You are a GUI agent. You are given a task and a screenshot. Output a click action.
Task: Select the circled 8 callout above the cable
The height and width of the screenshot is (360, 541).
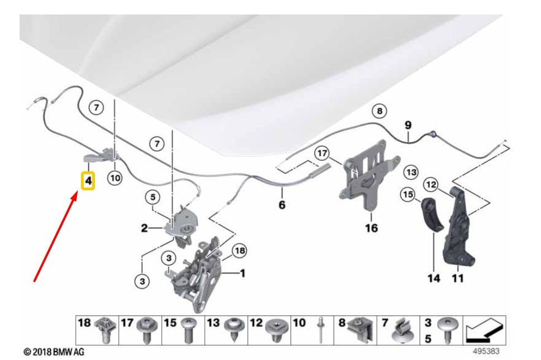click(380, 112)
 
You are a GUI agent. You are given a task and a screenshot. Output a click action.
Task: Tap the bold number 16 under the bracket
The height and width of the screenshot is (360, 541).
click(371, 228)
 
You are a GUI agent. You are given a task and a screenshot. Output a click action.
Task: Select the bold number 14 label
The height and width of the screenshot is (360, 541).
click(434, 277)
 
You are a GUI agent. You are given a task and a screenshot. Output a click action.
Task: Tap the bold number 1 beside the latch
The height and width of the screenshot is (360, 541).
click(242, 273)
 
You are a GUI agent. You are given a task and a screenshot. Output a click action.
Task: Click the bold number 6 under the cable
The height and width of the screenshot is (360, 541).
click(282, 205)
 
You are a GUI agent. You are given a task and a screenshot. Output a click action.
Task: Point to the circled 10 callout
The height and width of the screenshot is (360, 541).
click(114, 178)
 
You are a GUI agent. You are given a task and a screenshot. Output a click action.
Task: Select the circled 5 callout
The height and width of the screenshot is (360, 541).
click(154, 196)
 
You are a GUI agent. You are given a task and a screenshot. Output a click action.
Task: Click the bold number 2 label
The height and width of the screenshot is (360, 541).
click(143, 228)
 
